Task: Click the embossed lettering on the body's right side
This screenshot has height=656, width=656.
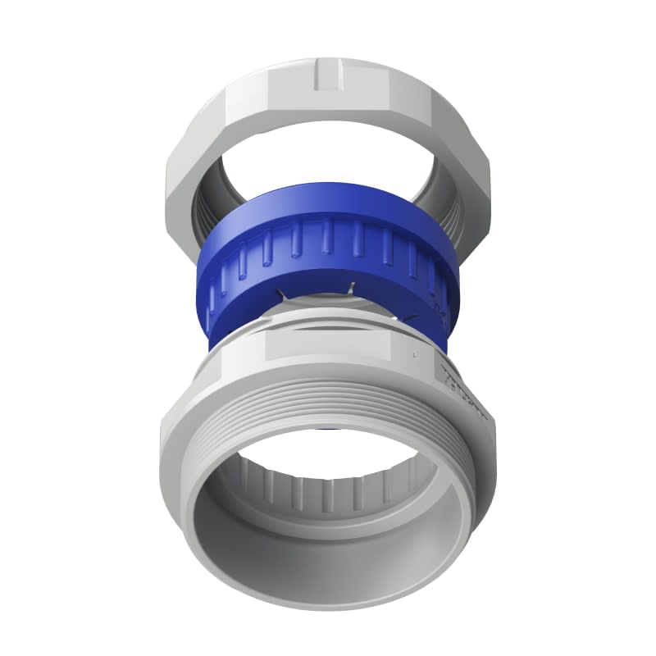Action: pos(463,385)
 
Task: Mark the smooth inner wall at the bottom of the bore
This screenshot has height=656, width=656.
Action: pos(328,566)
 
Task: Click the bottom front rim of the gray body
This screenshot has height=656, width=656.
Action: pos(328,619)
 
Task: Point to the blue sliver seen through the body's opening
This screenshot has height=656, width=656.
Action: pos(328,428)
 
